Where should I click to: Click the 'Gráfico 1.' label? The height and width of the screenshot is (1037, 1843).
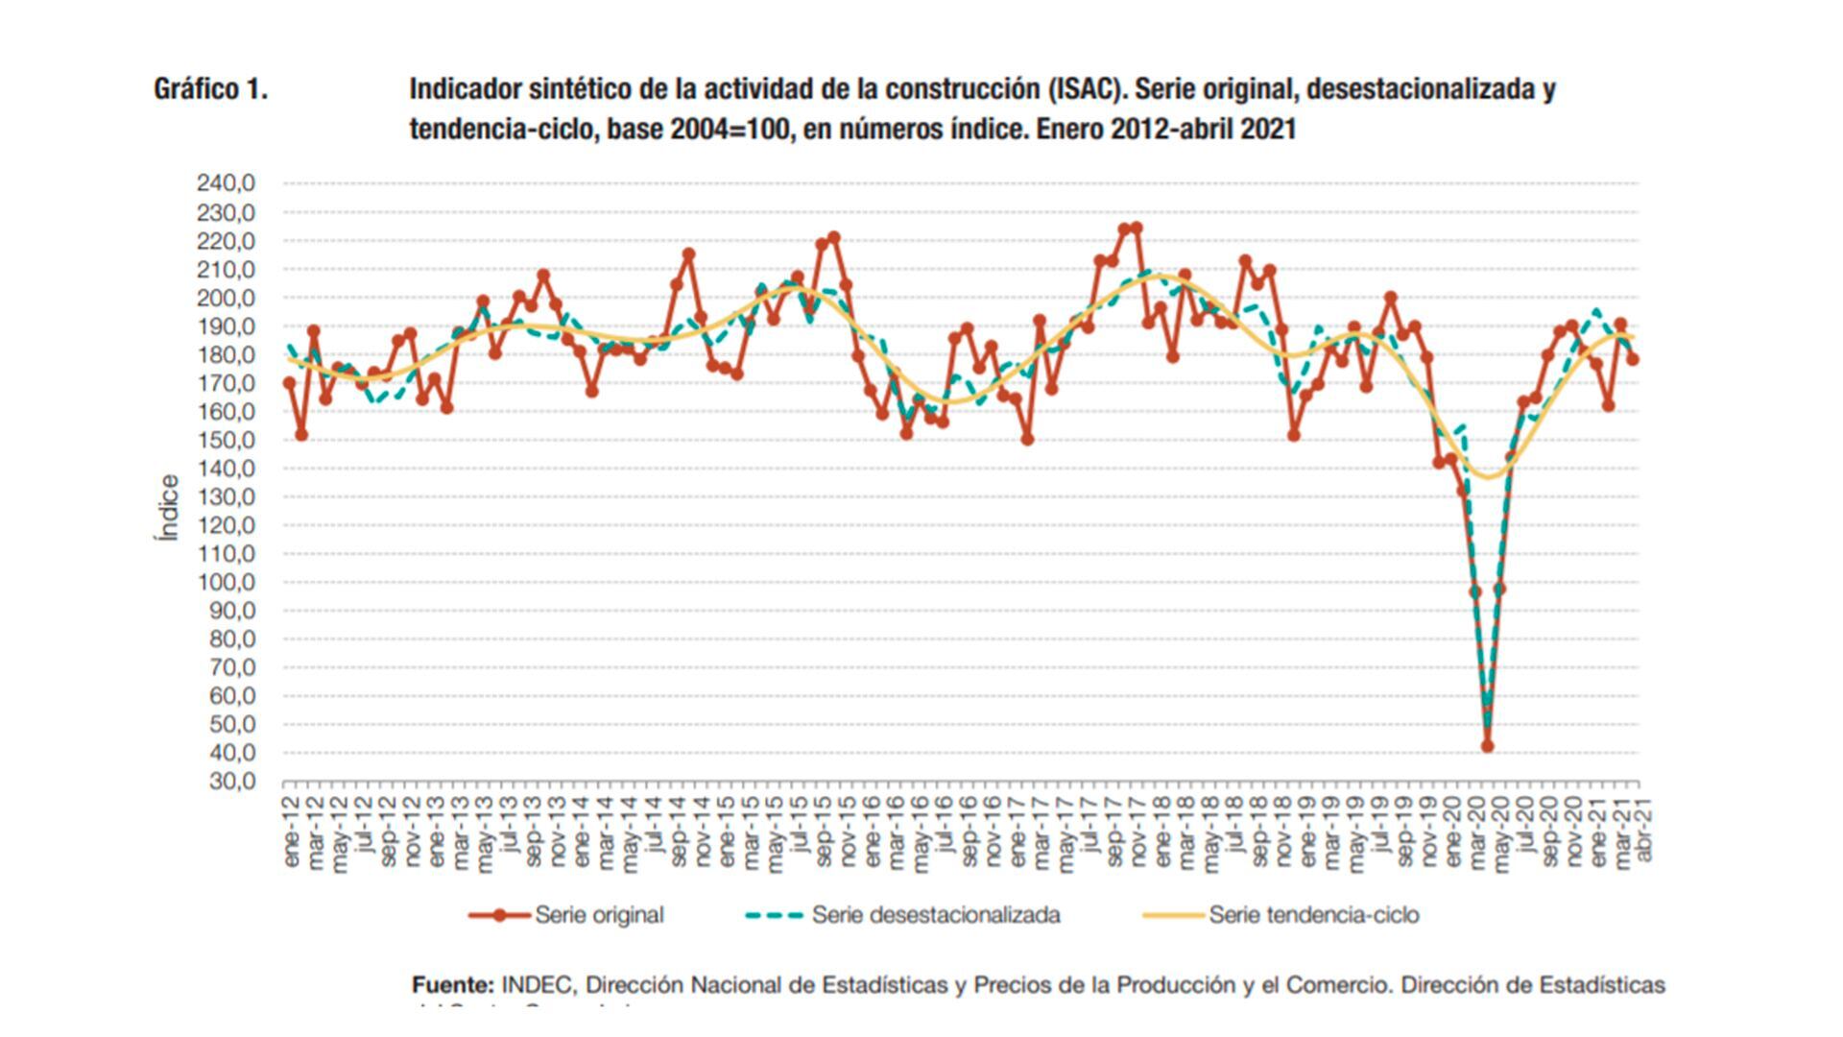click(x=210, y=89)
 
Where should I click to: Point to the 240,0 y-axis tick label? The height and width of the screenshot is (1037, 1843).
click(x=227, y=183)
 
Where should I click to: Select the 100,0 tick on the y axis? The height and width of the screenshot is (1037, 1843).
click(x=227, y=582)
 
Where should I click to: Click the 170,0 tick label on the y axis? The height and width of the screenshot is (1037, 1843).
click(x=227, y=383)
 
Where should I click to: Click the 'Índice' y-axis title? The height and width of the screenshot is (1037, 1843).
click(x=169, y=508)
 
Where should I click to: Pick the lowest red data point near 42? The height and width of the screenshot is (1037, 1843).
click(x=1488, y=746)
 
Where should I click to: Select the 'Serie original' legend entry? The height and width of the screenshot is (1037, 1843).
click(x=599, y=915)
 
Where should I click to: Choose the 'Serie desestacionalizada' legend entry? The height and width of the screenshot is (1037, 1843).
click(x=936, y=915)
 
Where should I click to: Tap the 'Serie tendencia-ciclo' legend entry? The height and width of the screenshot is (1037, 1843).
click(x=1313, y=915)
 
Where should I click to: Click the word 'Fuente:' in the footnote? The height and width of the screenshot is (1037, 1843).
click(x=453, y=985)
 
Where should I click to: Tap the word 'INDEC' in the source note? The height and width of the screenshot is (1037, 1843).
click(x=538, y=985)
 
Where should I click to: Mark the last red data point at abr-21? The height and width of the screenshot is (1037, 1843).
click(x=1633, y=359)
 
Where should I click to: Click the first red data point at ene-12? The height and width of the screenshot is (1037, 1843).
click(x=290, y=382)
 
